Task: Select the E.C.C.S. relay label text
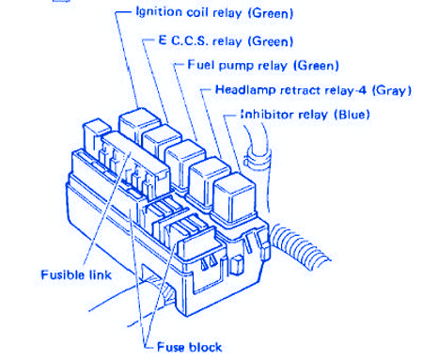[226, 41]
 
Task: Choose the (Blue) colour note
[352, 115]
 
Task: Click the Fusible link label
[76, 274]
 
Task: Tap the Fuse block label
[189, 347]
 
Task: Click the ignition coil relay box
[138, 125]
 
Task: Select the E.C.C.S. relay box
[161, 141]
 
